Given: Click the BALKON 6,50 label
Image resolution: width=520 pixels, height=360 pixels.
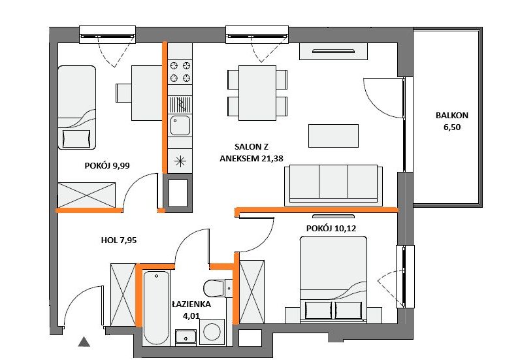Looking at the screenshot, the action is pos(451,121).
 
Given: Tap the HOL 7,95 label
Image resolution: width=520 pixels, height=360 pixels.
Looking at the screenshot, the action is pos(119,240).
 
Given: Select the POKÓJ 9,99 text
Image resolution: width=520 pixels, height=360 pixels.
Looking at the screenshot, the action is pos(106,165).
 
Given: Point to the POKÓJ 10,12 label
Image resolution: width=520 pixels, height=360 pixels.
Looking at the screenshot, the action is pos(331,228).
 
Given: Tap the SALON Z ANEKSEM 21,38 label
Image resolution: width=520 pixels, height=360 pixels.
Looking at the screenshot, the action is pos(252,153).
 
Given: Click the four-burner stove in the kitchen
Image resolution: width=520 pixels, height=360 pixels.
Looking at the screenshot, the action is pos(180,72).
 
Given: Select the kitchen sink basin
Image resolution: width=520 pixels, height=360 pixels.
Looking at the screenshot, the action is pos(180,125).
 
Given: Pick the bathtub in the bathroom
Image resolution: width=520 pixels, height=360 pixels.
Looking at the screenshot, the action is pos(156,308).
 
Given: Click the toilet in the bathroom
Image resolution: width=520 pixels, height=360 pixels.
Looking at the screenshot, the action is pos(218,288).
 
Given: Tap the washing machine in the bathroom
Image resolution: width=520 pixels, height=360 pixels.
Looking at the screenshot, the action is pos(212,332).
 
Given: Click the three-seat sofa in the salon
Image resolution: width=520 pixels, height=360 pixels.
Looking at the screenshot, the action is pos(333,184).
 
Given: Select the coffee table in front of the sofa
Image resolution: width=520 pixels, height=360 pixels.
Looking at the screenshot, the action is pos(333,136).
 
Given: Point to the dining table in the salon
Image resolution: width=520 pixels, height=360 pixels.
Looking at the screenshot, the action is pos(257,93).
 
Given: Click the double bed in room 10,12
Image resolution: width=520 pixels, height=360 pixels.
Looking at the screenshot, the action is pos(333,280).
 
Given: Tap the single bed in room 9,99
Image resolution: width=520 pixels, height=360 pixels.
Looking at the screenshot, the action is pos(76,107).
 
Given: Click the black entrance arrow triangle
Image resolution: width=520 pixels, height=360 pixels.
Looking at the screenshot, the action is pos(84,342).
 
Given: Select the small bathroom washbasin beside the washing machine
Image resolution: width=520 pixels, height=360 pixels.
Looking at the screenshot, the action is pos(186,337).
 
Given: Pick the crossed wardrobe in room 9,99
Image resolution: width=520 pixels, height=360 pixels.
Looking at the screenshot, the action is pos(86,195).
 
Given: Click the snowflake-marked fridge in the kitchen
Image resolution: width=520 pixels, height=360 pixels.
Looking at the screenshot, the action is pos(180,161).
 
